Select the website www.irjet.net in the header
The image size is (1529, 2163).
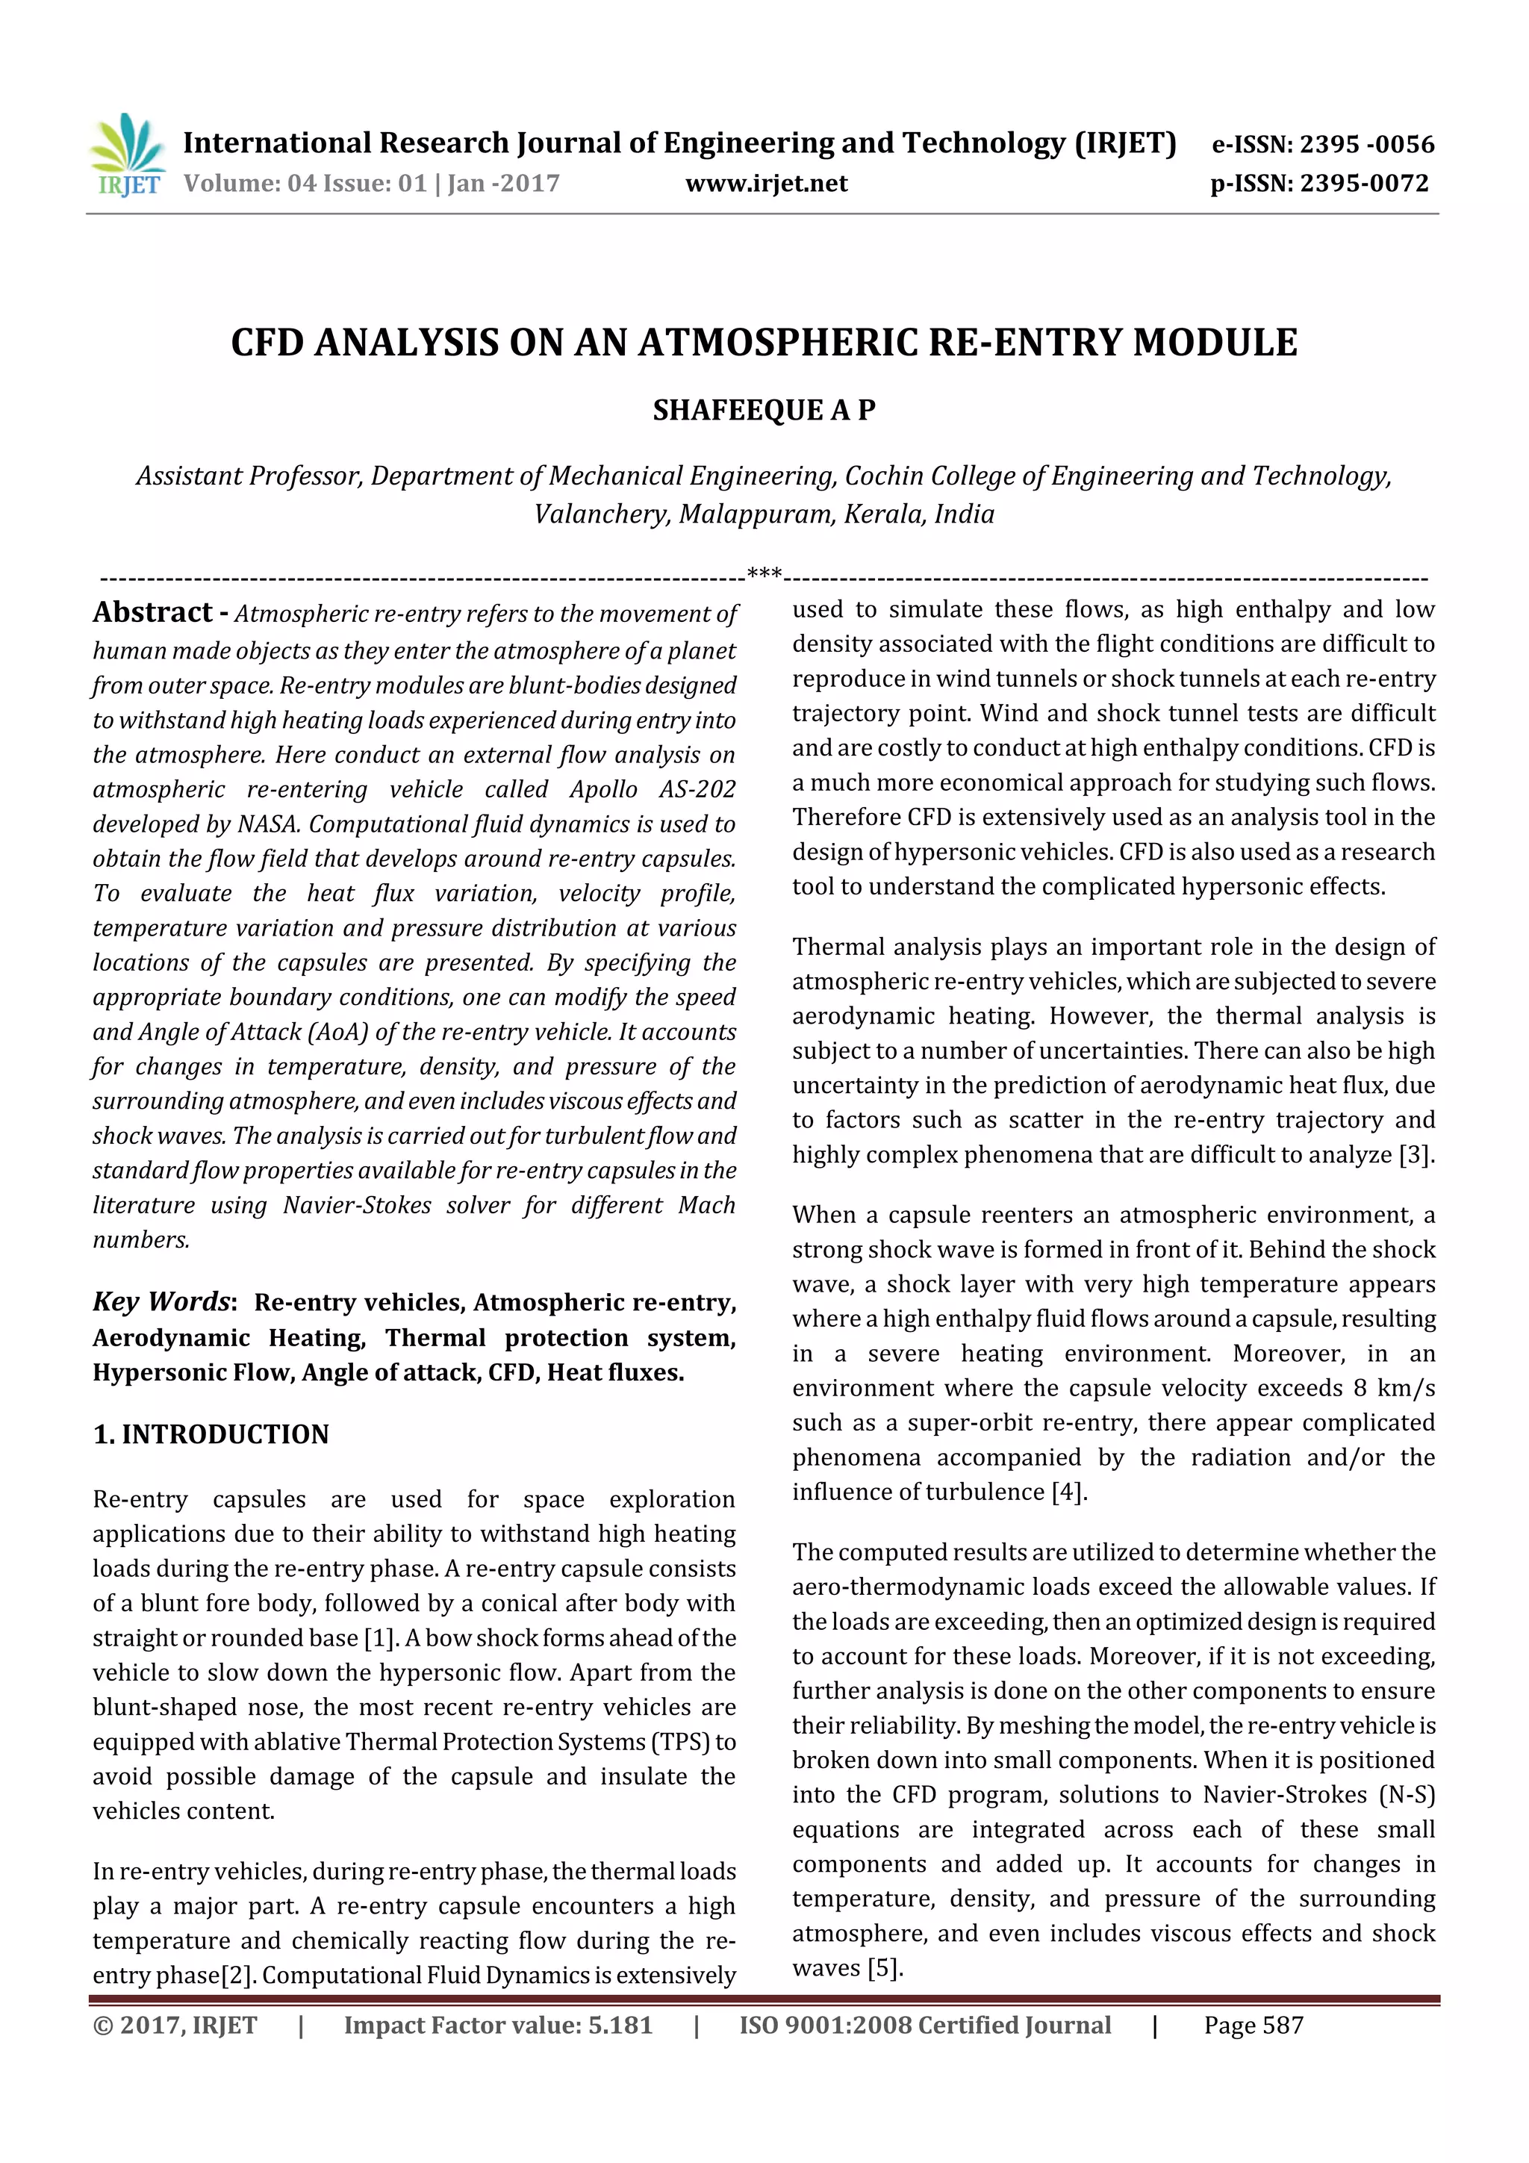tap(766, 184)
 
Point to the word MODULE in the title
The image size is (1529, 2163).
tap(1215, 342)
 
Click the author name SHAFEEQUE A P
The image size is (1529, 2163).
tap(764, 411)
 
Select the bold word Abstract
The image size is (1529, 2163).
tap(152, 612)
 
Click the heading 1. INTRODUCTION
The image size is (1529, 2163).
tap(211, 1435)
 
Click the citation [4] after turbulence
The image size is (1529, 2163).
tap(1069, 1493)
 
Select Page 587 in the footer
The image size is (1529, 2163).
tap(1253, 2026)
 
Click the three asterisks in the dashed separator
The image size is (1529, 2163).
tap(764, 573)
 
